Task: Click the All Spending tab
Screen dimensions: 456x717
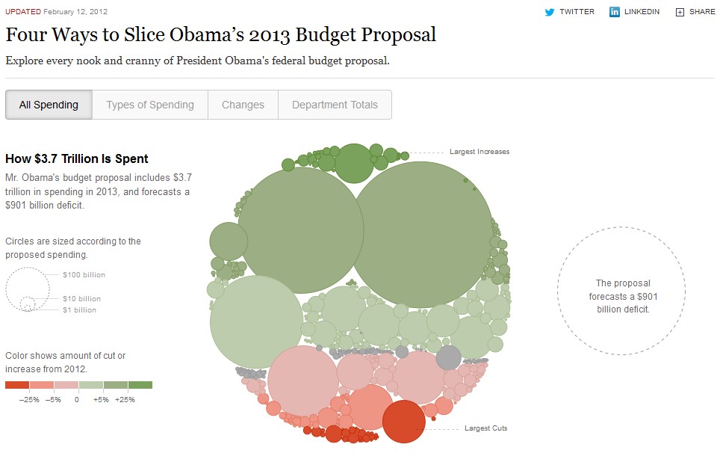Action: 49,105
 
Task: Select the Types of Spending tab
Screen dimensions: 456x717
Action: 149,105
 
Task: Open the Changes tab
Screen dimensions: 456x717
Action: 243,105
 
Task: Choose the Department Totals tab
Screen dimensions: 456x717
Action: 335,105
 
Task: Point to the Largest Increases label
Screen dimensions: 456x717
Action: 479,152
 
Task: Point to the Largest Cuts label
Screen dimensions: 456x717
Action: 485,428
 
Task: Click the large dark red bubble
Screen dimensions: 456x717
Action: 403,422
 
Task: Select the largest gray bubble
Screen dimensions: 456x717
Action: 448,357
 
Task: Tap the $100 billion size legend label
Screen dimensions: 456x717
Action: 84,275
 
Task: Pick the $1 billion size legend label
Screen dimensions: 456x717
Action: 79,309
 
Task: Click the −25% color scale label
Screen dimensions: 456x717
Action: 29,399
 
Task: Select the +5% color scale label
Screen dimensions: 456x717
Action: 102,399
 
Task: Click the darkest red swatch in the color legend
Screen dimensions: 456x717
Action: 16,385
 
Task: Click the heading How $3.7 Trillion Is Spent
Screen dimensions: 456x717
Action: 76,158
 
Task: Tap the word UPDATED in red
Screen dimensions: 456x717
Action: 22,12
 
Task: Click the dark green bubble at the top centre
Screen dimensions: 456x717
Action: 353,163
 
